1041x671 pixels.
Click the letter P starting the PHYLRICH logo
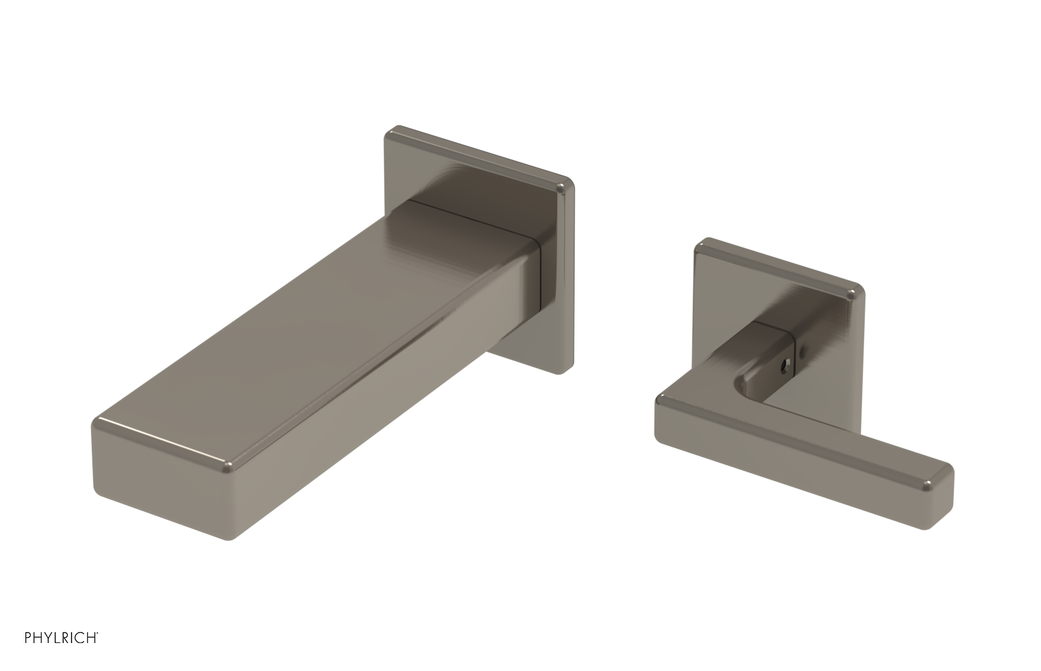28,638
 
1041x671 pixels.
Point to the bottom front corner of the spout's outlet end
229,537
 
